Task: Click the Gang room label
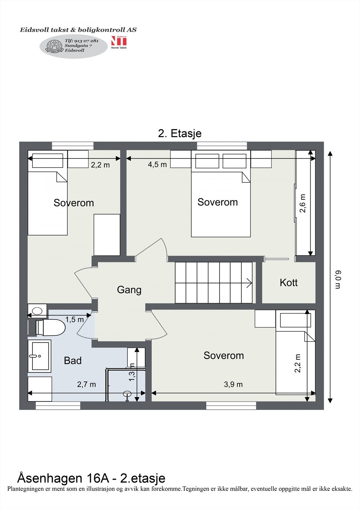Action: (x=129, y=290)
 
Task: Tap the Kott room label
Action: (x=289, y=282)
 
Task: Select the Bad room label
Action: (x=73, y=360)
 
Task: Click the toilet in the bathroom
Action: (x=51, y=327)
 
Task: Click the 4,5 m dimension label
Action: (x=157, y=164)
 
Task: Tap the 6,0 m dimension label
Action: (x=338, y=280)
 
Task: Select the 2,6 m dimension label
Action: (x=303, y=203)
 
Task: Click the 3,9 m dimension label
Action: (x=233, y=384)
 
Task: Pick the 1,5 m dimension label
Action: (x=74, y=319)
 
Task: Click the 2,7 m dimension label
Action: (x=86, y=384)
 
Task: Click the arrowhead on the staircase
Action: (x=250, y=283)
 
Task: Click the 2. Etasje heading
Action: (x=180, y=133)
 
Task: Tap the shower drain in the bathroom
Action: (x=127, y=393)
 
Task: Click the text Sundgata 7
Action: (x=78, y=45)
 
